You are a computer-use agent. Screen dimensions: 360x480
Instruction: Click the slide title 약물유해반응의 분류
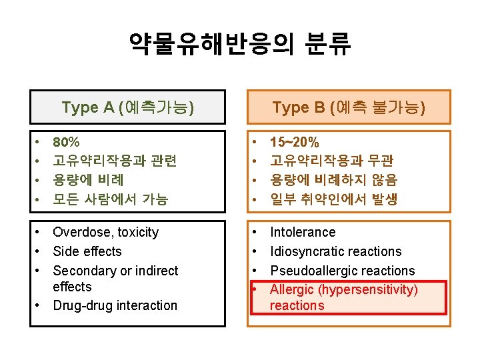click(240, 45)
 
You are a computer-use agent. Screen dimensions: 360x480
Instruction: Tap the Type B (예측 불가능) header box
click(349, 107)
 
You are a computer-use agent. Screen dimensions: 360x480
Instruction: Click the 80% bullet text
click(66, 142)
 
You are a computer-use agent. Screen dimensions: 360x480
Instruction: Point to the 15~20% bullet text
click(294, 142)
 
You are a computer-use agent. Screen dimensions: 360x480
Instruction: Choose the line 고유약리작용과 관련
click(114, 161)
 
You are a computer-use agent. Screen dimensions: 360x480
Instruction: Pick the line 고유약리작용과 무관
click(331, 161)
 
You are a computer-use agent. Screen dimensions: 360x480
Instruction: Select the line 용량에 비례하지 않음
click(333, 179)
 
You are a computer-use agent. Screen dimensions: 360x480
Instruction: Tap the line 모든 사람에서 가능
click(111, 199)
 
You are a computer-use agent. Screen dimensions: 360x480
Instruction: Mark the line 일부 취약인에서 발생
click(333, 199)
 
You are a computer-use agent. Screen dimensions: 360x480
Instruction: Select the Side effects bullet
click(87, 251)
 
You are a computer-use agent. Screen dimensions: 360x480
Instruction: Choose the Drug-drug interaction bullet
click(115, 305)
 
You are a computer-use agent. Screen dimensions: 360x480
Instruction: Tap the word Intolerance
click(303, 233)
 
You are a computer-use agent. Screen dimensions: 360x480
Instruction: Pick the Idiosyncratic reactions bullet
click(335, 251)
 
